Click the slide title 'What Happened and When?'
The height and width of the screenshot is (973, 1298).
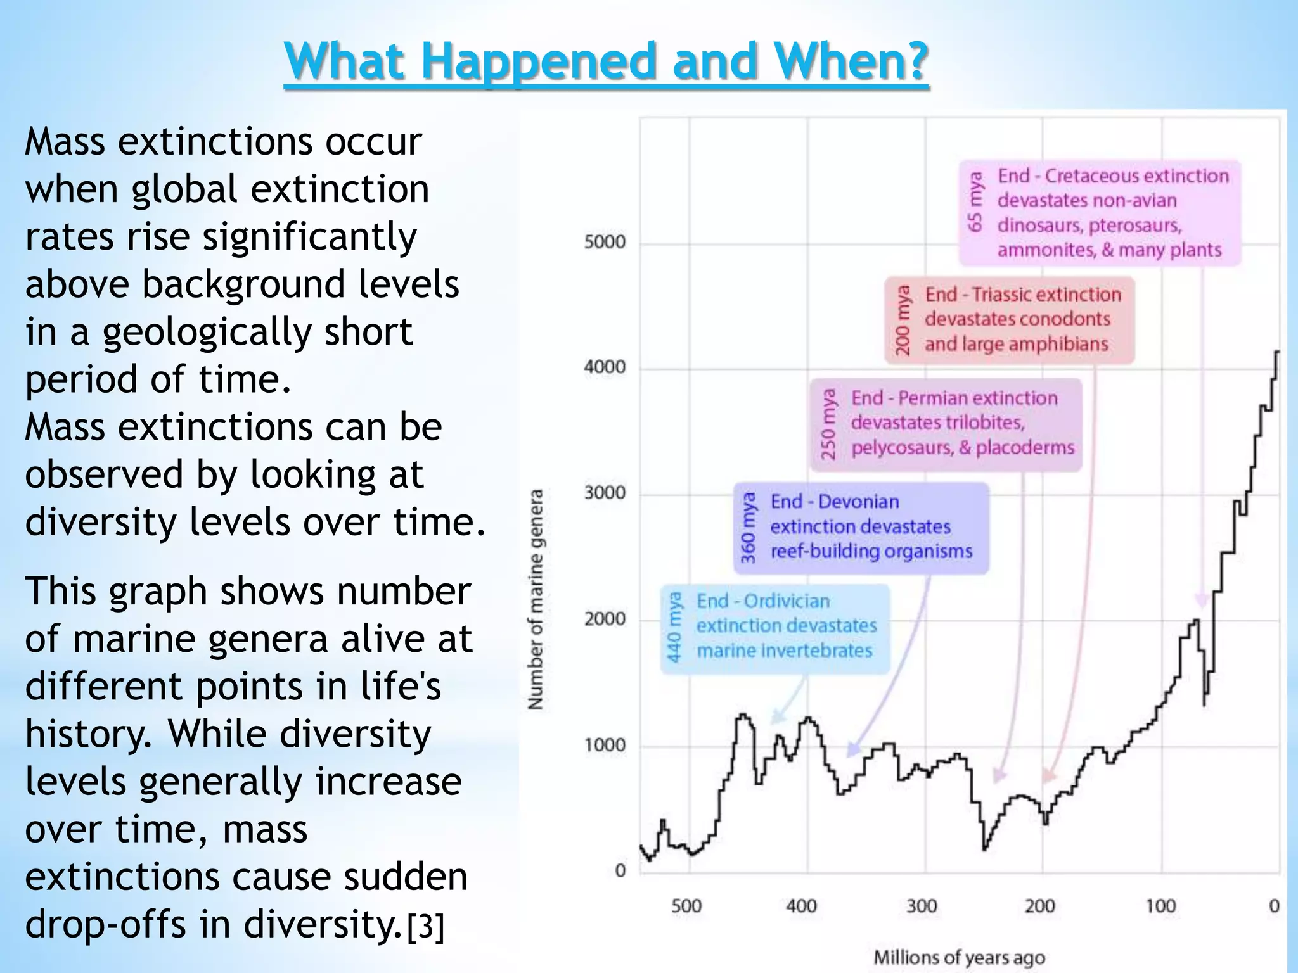pyautogui.click(x=606, y=61)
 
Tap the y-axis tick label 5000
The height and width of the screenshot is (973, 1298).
pyautogui.click(x=604, y=242)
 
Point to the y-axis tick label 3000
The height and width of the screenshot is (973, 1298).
pyautogui.click(x=604, y=493)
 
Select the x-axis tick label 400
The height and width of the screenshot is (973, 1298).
pyautogui.click(x=801, y=906)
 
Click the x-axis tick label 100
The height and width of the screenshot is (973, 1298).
pyautogui.click(x=1160, y=906)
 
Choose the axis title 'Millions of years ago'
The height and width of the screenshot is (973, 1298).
pyautogui.click(x=960, y=957)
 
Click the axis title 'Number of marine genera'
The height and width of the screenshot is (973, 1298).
pyautogui.click(x=536, y=599)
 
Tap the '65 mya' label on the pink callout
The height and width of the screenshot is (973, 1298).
pyautogui.click(x=975, y=201)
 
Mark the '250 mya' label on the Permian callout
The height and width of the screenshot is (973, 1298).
pyautogui.click(x=828, y=424)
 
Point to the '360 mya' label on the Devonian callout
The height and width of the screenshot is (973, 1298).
pyautogui.click(x=749, y=528)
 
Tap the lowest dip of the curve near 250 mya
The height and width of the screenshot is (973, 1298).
pyautogui.click(x=984, y=849)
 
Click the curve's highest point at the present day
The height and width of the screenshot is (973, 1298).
pyautogui.click(x=1277, y=352)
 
